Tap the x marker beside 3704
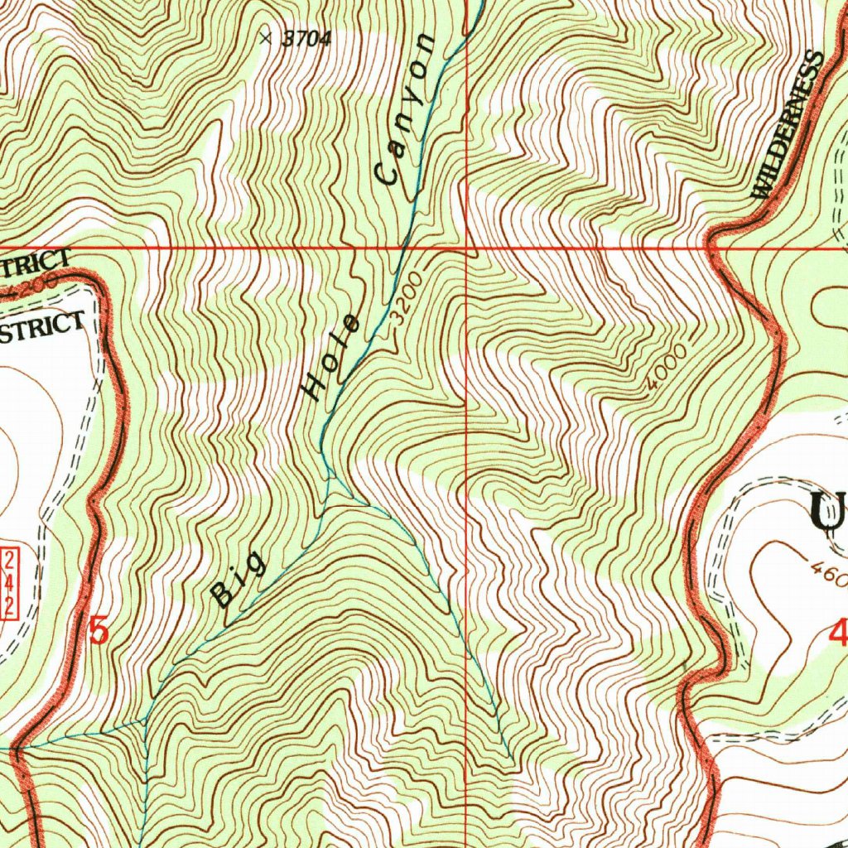point(265,36)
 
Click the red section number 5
point(98,632)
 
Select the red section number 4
point(837,634)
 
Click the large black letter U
point(828,512)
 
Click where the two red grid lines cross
point(467,247)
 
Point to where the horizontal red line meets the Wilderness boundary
point(711,247)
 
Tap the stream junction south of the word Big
point(146,721)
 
